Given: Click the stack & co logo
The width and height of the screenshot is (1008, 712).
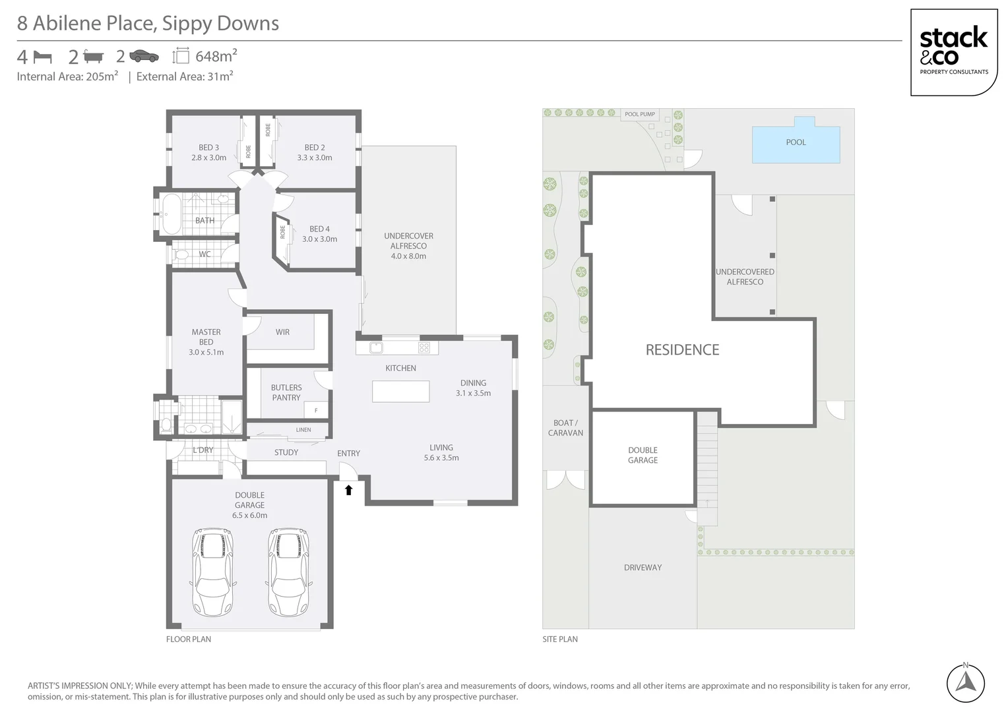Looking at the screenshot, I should point(953,52).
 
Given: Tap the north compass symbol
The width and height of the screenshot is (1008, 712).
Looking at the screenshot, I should point(965,683).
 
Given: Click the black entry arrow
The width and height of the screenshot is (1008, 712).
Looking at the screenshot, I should point(348,490).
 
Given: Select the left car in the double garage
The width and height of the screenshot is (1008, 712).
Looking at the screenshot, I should point(212,571).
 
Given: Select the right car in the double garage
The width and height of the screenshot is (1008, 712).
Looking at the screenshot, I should point(288,571).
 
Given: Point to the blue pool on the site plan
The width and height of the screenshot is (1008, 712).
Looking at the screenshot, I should point(796,143).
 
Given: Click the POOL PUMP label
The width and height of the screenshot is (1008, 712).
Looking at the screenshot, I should point(639,114).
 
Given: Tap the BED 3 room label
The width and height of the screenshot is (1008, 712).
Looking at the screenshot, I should point(208,152).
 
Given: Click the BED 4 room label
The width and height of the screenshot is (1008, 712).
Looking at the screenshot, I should point(319,234).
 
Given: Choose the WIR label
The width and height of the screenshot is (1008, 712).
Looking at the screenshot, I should point(282,332).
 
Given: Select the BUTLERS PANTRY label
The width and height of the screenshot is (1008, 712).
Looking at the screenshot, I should point(286,392).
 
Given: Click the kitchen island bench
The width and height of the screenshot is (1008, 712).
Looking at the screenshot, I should point(400,392).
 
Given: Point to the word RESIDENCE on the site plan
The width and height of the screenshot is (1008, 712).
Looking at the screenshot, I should point(682,350).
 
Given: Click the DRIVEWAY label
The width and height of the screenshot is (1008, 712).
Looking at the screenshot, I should point(643,568).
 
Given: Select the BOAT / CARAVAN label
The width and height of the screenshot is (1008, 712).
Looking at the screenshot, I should point(565,428).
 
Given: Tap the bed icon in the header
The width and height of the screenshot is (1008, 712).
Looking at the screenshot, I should point(42,57).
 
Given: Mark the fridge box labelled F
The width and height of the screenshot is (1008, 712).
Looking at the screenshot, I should point(316,410).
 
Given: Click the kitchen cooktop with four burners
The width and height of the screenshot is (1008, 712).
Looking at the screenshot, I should point(424,347).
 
